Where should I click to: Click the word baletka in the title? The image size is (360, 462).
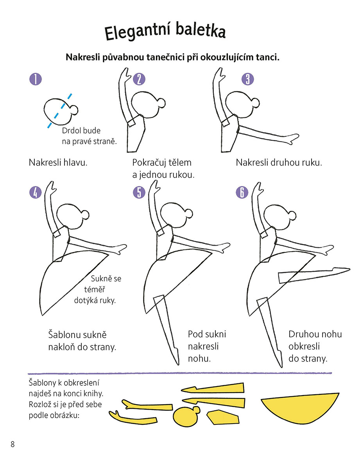(x=201, y=30)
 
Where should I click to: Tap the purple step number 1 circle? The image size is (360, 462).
(x=36, y=79)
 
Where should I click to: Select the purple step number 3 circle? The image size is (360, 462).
(x=247, y=79)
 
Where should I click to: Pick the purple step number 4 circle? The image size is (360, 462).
(x=36, y=192)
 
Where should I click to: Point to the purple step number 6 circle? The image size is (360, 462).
(x=242, y=192)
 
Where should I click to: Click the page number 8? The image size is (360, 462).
(x=13, y=444)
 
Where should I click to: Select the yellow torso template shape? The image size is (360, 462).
(x=222, y=417)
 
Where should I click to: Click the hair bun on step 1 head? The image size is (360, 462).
(x=74, y=110)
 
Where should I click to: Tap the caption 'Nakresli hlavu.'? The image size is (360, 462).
(x=58, y=162)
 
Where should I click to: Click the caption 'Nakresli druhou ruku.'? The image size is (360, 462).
(x=279, y=162)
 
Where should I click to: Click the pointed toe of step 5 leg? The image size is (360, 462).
(x=177, y=362)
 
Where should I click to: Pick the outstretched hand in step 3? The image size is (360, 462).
(x=292, y=138)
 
